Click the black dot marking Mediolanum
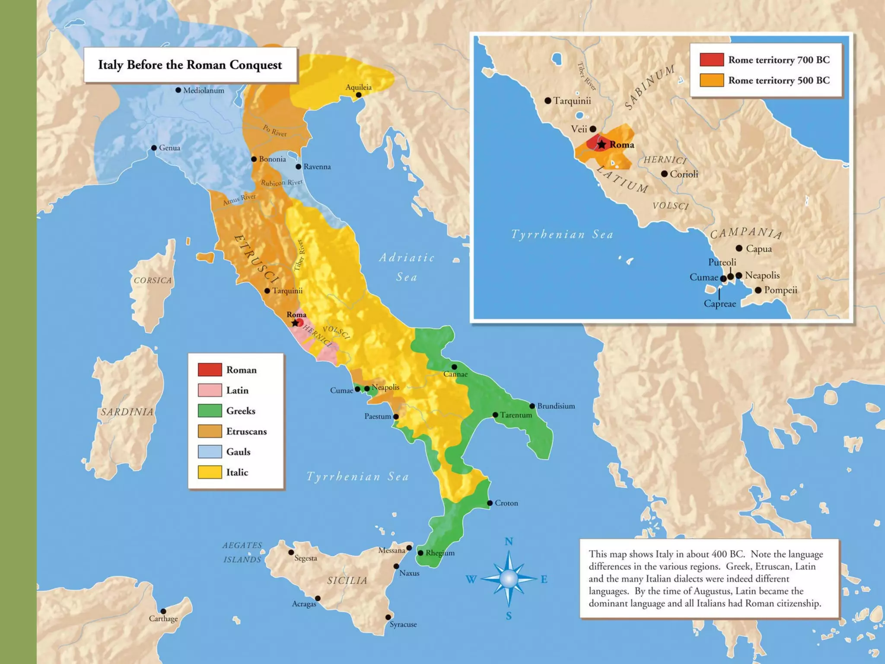pyautogui.click(x=178, y=90)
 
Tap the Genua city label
pyautogui.click(x=169, y=148)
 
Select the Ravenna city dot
pyautogui.click(x=299, y=166)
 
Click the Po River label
pyautogui.click(x=275, y=131)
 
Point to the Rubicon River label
pyautogui.click(x=281, y=183)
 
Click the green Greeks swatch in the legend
pyautogui.click(x=210, y=411)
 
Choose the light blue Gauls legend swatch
pyautogui.click(x=210, y=452)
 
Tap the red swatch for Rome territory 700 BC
pyautogui.click(x=712, y=60)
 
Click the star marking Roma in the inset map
pyautogui.click(x=602, y=144)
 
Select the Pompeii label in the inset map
pyautogui.click(x=780, y=290)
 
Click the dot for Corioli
pyautogui.click(x=664, y=174)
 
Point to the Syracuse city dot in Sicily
pyautogui.click(x=388, y=617)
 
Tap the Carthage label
pyautogui.click(x=163, y=619)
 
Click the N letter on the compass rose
pyautogui.click(x=509, y=542)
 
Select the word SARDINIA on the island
pyautogui.click(x=127, y=412)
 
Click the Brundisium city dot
pyautogui.click(x=532, y=406)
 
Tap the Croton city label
pyautogui.click(x=506, y=503)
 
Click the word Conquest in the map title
pyautogui.click(x=255, y=65)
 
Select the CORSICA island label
pyautogui.click(x=153, y=281)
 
